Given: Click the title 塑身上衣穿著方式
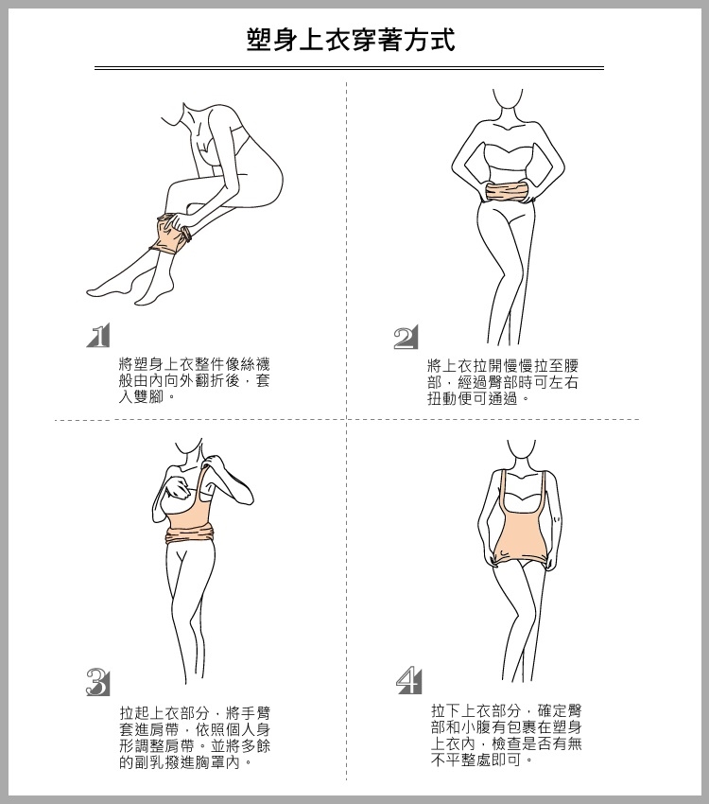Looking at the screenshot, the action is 351,40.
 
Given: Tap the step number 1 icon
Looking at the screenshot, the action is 98,336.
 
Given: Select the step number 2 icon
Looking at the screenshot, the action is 406,337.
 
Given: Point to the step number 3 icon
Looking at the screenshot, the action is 98,682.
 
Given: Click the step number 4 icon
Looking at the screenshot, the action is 408,681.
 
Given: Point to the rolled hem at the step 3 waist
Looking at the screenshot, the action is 190,536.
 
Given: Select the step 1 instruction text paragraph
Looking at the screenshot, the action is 194,380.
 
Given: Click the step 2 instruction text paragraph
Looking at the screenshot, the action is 503,382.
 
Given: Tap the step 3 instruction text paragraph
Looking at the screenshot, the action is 195,738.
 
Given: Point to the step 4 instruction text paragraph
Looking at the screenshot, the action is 506,736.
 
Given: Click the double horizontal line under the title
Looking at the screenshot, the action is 349,68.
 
